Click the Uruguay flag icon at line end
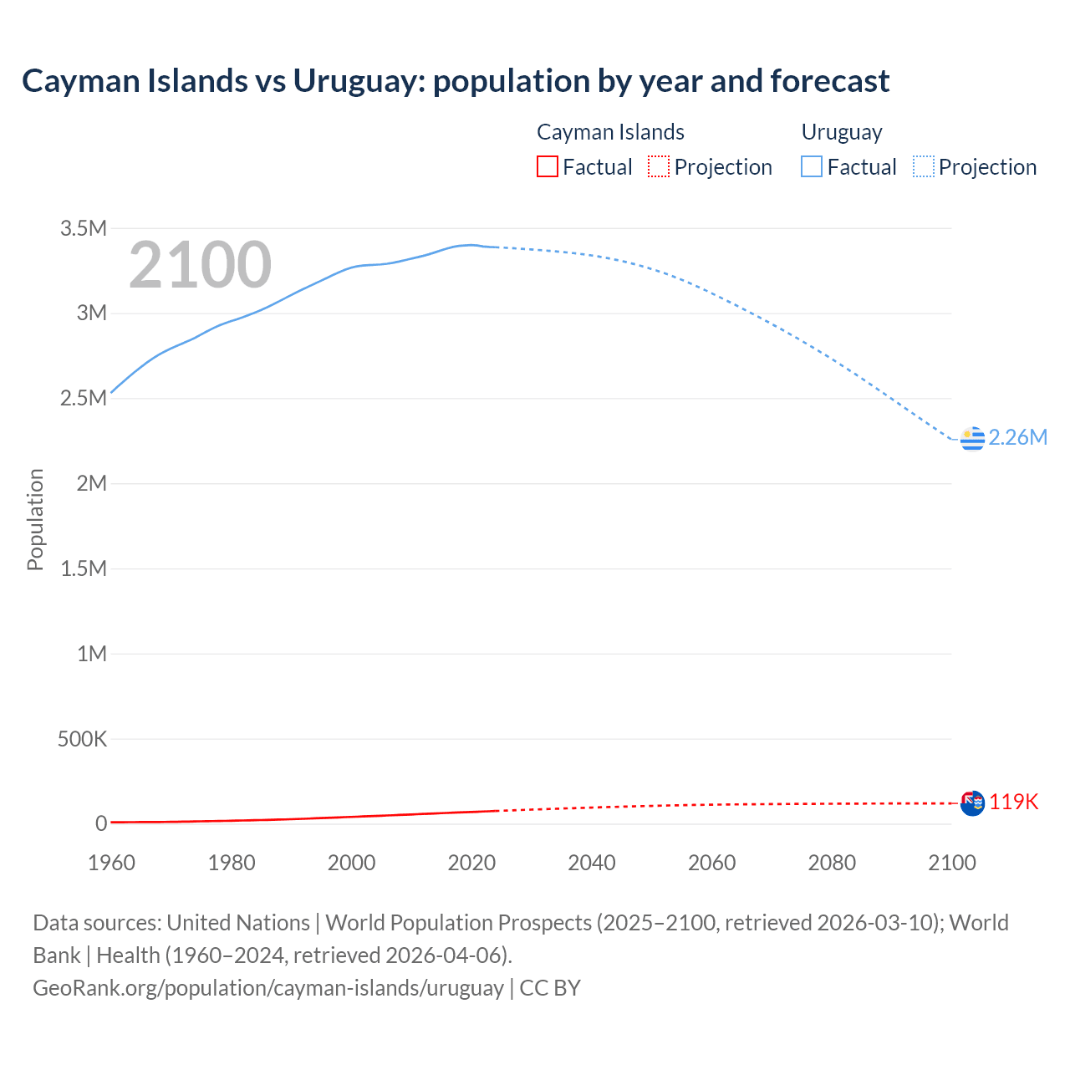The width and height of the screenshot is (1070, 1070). (972, 438)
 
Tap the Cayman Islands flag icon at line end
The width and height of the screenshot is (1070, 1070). (972, 802)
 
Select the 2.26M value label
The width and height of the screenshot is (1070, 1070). (1017, 438)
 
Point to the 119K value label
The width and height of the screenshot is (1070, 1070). (1013, 802)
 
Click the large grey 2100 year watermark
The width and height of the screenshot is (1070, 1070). (200, 265)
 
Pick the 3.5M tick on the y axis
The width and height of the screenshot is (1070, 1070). (84, 229)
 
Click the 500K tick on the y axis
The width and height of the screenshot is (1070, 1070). (82, 739)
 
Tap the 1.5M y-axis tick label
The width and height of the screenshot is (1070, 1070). (84, 569)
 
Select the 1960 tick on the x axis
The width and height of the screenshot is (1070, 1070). (111, 863)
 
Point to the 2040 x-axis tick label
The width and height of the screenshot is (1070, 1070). (592, 863)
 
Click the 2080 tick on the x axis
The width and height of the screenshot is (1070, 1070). (832, 863)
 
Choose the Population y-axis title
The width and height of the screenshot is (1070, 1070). (35, 519)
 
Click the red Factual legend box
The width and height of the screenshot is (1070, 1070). (548, 167)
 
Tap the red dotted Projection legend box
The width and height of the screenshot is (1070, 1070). (659, 167)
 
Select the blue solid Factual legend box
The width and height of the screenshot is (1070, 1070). (812, 167)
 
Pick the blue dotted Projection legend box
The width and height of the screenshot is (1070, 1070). (924, 167)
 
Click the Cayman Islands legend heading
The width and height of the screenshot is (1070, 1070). (610, 132)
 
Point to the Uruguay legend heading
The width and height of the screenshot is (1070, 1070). (842, 132)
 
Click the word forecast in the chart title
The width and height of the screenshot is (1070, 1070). (829, 81)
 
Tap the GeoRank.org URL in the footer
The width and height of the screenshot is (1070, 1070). (268, 988)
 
